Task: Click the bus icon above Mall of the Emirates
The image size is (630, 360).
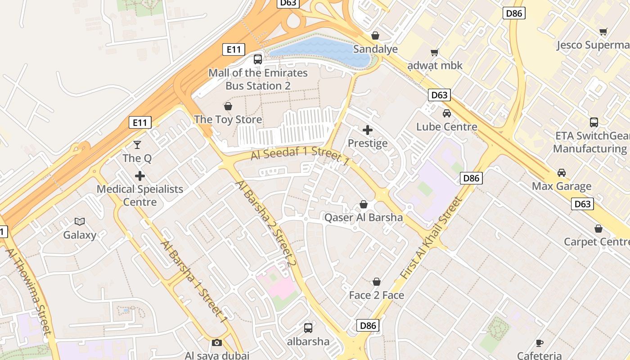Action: [258, 59]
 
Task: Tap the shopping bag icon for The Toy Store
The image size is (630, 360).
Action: [228, 107]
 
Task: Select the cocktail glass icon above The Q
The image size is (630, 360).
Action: [137, 145]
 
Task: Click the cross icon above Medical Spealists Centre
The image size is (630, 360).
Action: [140, 175]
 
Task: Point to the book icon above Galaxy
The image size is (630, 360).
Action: [80, 221]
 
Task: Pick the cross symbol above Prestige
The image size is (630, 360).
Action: [368, 130]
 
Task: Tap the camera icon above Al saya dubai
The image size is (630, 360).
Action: [217, 343]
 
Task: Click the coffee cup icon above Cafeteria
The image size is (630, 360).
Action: [540, 343]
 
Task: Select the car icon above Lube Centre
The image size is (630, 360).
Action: [446, 113]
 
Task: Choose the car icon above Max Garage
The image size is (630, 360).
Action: [562, 173]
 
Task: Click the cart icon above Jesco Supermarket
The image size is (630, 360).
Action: [603, 31]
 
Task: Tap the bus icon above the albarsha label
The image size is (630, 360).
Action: [308, 328]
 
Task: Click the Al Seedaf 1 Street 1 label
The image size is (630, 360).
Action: [300, 155]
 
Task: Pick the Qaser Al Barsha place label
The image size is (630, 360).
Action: [364, 218]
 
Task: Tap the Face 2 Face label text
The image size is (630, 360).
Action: [377, 295]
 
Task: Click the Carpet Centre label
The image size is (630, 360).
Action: [597, 242]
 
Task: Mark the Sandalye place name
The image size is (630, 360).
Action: [375, 49]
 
